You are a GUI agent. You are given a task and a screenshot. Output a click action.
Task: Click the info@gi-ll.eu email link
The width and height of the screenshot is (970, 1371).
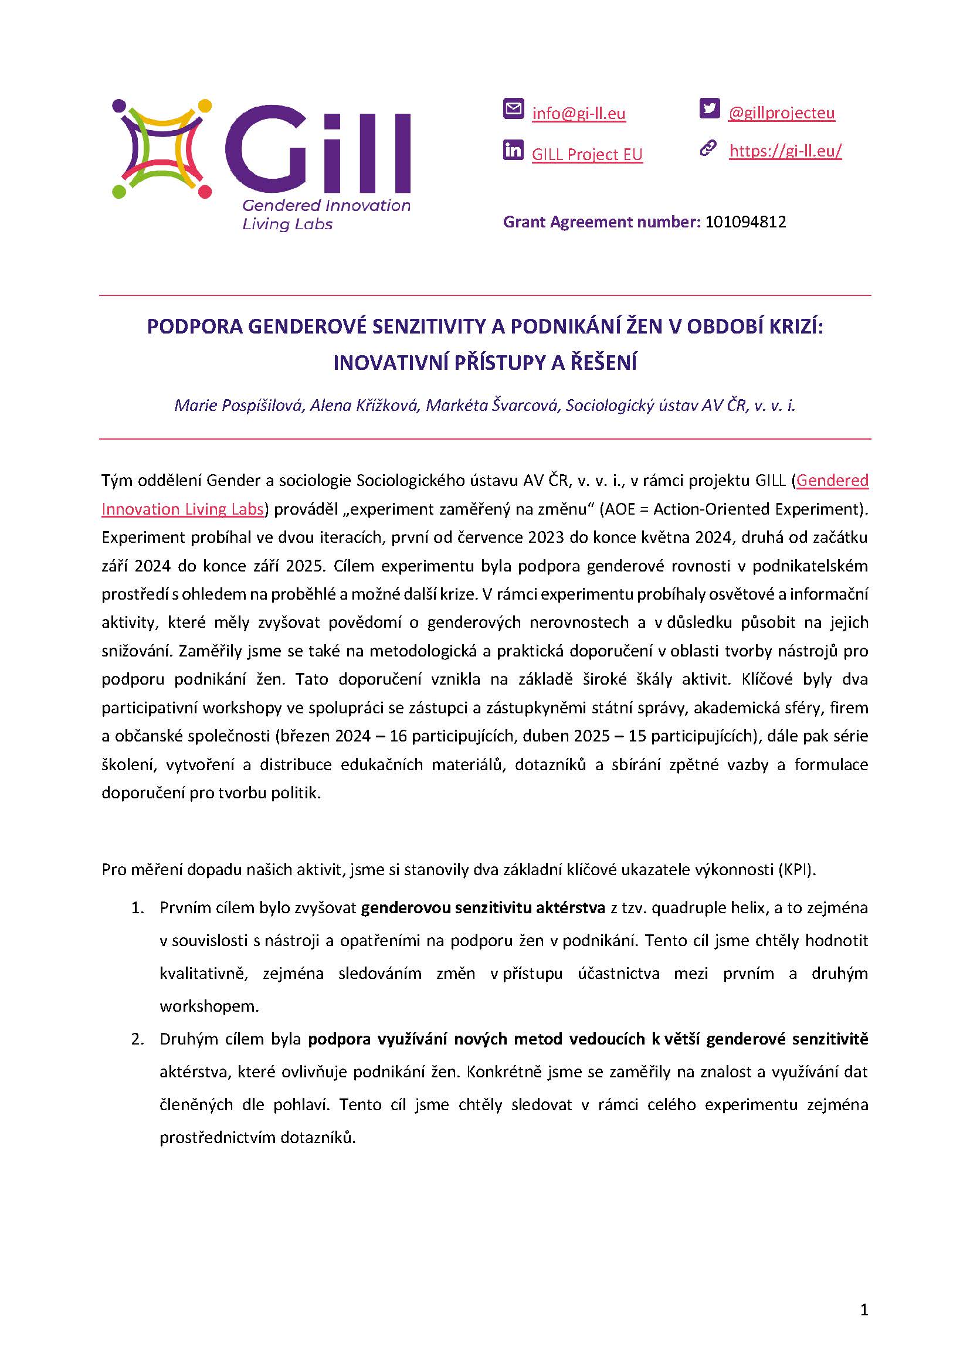(x=578, y=114)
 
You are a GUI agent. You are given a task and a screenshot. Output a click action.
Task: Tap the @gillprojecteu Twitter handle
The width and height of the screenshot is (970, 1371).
(x=781, y=113)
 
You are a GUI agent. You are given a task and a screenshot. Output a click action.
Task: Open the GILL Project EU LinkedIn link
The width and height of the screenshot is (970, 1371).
(x=586, y=155)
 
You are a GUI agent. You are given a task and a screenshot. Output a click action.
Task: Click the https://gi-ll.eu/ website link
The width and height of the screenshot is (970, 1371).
(x=785, y=151)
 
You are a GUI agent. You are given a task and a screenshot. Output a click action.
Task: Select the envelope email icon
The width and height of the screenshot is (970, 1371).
(x=513, y=108)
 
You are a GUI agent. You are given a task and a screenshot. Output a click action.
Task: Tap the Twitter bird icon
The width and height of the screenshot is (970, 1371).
(x=709, y=108)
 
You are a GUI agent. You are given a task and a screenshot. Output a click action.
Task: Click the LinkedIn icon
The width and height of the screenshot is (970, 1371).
(x=513, y=150)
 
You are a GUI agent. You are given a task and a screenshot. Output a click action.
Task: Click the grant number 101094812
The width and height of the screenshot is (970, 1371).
(x=745, y=222)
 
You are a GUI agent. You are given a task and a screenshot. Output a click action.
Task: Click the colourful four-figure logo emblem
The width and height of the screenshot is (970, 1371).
(x=162, y=149)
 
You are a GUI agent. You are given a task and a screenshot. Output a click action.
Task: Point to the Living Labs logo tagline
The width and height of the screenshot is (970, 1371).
(x=287, y=225)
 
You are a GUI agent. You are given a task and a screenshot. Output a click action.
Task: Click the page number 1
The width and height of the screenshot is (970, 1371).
(x=864, y=1310)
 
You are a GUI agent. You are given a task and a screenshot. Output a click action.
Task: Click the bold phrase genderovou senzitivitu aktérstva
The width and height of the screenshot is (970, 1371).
(x=483, y=908)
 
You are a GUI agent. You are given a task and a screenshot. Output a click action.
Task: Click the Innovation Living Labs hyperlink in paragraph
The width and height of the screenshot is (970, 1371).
(x=183, y=509)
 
